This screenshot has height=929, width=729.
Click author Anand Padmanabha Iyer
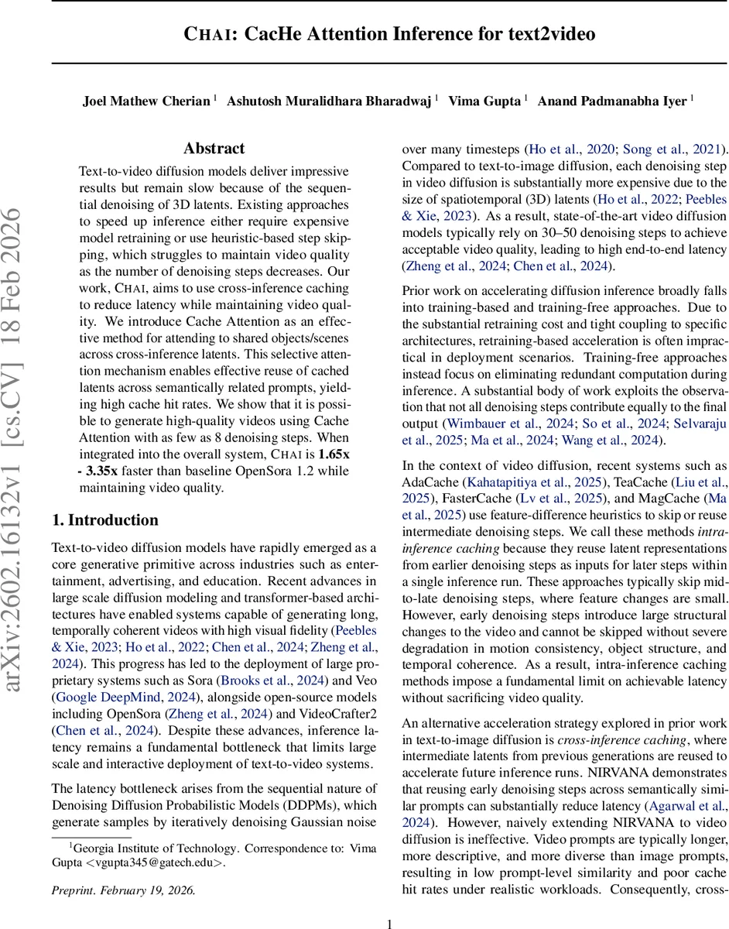click(612, 101)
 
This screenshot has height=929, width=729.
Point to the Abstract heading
click(214, 149)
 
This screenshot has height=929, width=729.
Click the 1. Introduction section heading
click(104, 519)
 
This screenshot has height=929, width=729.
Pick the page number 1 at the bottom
click(390, 922)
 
